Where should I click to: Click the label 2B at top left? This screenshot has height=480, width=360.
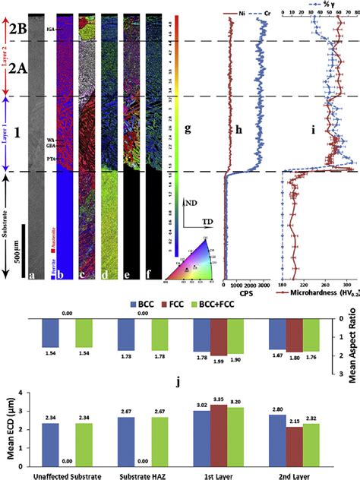pyautogui.click(x=19, y=30)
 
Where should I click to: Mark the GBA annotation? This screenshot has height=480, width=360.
pyautogui.click(x=51, y=144)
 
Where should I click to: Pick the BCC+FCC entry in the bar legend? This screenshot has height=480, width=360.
pyautogui.click(x=221, y=309)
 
